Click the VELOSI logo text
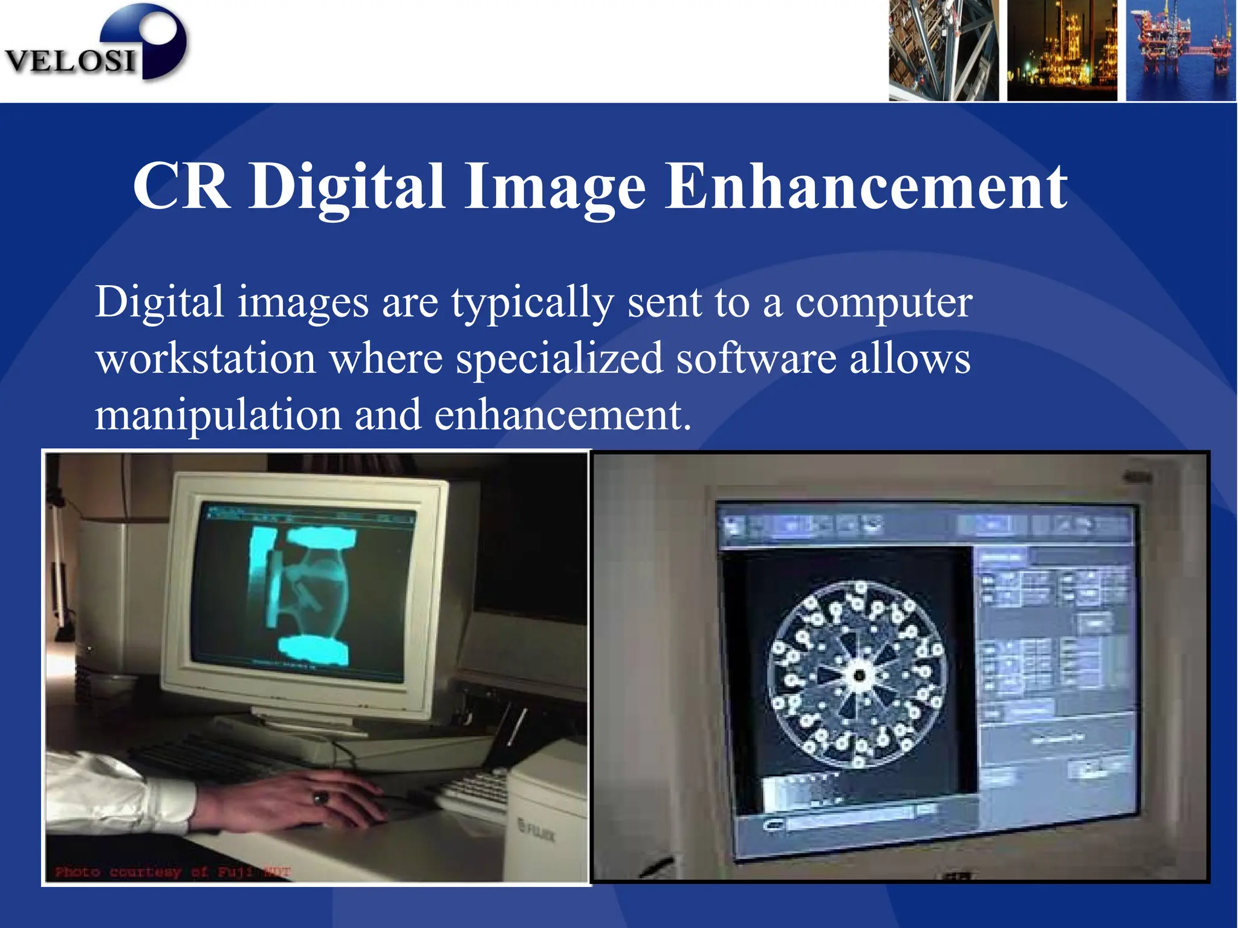pos(70,60)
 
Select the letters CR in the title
pos(181,187)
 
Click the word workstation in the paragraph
pos(206,359)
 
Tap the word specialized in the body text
pos(559,359)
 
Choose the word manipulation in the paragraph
pos(218,416)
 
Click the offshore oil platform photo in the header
pos(1180,51)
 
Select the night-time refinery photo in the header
pos(1061,51)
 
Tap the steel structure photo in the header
pos(943,51)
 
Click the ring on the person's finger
pos(321,798)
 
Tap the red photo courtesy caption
pos(172,872)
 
